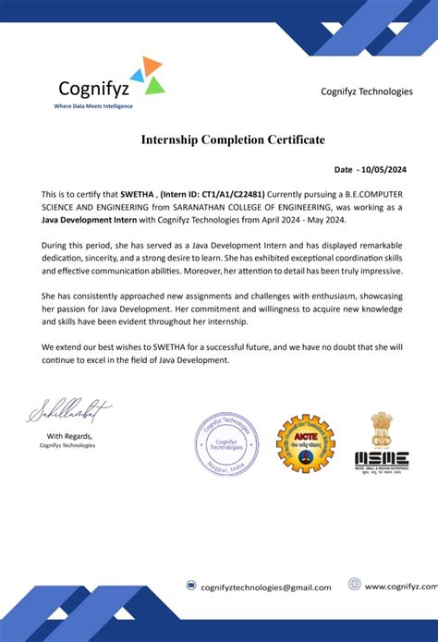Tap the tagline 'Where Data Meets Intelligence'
click(93, 106)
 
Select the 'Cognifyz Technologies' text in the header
click(366, 91)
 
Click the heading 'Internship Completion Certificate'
click(233, 139)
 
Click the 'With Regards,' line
click(69, 435)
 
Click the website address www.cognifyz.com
click(400, 586)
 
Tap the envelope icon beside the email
click(190, 586)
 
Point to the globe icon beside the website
click(354, 585)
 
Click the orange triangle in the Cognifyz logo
click(152, 65)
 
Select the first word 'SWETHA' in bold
click(139, 195)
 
